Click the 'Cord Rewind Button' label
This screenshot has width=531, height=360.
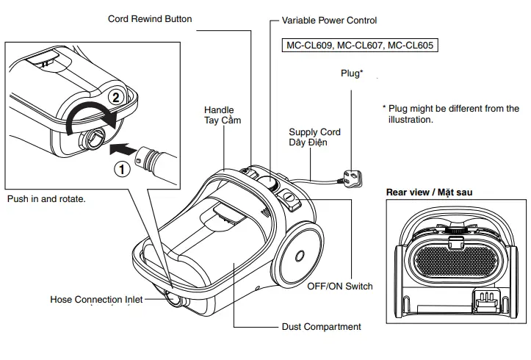point(150,18)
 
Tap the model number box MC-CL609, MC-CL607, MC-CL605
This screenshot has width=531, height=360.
point(359,46)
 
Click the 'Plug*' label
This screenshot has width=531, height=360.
point(352,73)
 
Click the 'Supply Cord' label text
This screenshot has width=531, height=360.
point(314,132)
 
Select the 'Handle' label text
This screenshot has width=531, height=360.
point(218,109)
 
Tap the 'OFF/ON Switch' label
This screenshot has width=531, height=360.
point(339,286)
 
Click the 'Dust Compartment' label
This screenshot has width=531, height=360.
point(322,326)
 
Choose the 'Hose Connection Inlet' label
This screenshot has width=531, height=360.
point(96,300)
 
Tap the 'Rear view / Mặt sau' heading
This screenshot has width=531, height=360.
point(430,192)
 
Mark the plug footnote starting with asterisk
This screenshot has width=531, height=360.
point(450,113)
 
